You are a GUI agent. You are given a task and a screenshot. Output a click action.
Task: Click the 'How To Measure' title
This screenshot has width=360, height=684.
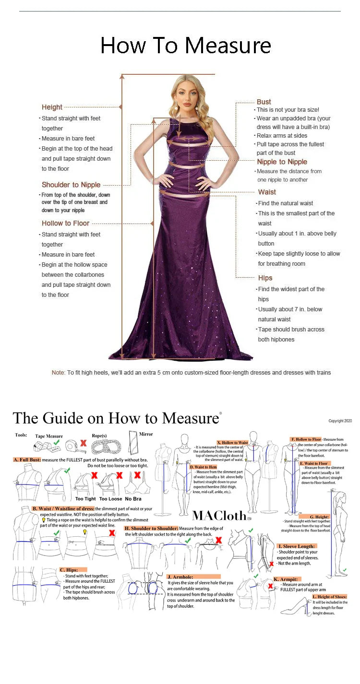(185, 46)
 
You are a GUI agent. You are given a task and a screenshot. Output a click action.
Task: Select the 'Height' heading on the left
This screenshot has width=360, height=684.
(52, 107)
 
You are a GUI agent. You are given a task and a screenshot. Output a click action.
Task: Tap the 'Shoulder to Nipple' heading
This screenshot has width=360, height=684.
(71, 185)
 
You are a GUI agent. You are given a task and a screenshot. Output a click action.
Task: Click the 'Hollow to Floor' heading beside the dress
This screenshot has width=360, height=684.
(65, 223)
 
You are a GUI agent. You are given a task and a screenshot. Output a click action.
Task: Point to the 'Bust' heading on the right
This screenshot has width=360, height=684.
(264, 102)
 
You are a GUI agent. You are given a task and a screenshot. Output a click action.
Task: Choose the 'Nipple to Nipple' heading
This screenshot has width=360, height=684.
(282, 162)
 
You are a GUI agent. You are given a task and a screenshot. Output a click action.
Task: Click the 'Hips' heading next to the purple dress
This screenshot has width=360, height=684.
(265, 278)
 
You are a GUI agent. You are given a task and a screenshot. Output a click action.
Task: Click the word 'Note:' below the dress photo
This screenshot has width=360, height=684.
(58, 373)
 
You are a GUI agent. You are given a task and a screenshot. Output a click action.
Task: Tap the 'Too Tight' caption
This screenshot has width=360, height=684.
(85, 499)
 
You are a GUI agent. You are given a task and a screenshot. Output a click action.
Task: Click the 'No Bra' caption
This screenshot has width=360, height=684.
(133, 499)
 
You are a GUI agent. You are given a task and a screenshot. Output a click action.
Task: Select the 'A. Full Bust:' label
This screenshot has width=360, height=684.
(27, 460)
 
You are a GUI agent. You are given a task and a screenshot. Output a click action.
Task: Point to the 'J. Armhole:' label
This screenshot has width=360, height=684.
(180, 577)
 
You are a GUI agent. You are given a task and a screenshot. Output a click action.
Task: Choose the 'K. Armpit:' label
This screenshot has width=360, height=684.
(286, 579)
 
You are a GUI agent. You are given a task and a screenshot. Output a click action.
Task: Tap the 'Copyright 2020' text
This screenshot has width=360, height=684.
(340, 421)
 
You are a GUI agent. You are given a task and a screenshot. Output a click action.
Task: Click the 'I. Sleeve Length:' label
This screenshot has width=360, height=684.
(297, 546)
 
